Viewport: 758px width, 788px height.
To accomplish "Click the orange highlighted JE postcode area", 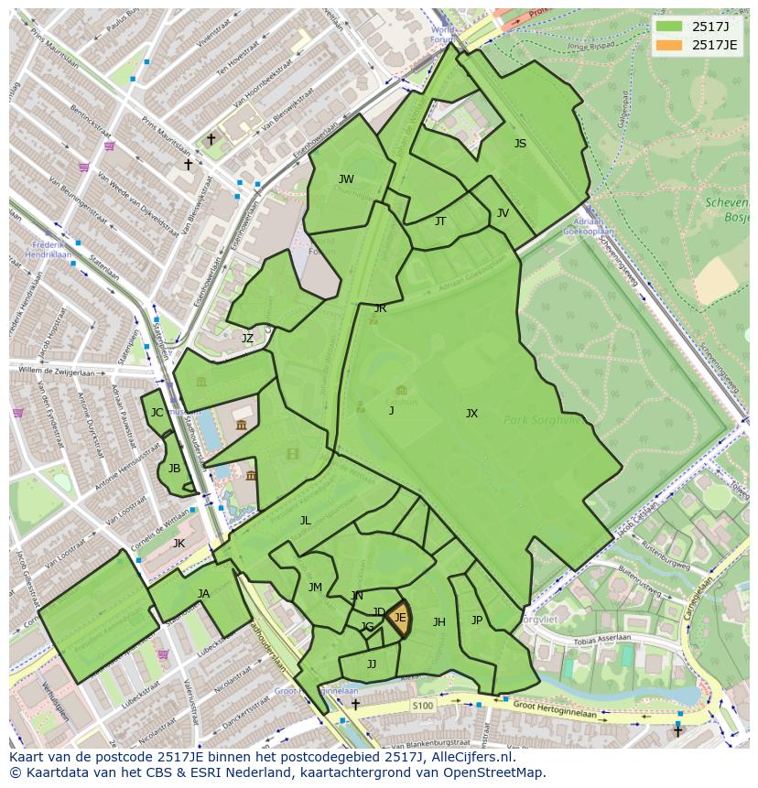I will pyautogui.click(x=398, y=619).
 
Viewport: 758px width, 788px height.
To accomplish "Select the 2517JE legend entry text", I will pyautogui.click(x=714, y=44).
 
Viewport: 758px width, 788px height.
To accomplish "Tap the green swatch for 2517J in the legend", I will pyautogui.click(x=669, y=26).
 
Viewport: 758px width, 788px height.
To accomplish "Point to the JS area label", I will pyautogui.click(x=520, y=144).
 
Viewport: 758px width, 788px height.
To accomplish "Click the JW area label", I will pyautogui.click(x=346, y=179).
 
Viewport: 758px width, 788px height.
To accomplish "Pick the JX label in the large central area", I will pyautogui.click(x=471, y=414).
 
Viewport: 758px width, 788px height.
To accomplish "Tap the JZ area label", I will pyautogui.click(x=247, y=339).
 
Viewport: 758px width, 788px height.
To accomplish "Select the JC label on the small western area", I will pyautogui.click(x=157, y=413).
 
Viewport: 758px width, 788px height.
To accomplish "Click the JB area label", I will pyautogui.click(x=174, y=469).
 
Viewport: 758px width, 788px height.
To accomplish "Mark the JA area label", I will pyautogui.click(x=203, y=594).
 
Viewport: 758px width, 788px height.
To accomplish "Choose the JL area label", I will pyautogui.click(x=305, y=521).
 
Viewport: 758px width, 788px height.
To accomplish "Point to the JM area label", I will pyautogui.click(x=315, y=588).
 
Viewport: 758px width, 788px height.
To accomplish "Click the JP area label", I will pyautogui.click(x=476, y=621).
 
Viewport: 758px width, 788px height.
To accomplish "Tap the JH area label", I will pyautogui.click(x=439, y=622).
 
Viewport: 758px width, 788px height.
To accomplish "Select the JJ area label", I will pyautogui.click(x=372, y=664).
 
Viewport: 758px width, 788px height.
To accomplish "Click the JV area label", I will pyautogui.click(x=503, y=213).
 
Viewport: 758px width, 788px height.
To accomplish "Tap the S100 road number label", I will pyautogui.click(x=422, y=706).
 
